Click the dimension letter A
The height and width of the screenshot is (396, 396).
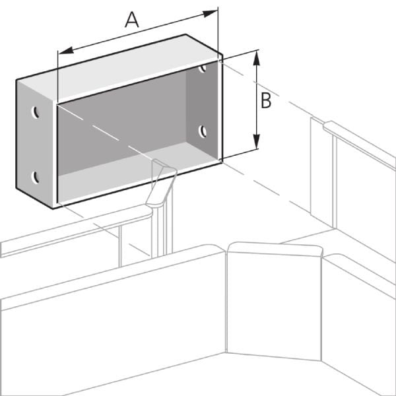tap(132, 20)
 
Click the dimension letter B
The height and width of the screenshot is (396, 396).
tap(266, 101)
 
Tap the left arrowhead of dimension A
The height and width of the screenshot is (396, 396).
tap(66, 50)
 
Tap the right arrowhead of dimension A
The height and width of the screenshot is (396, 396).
tap(210, 14)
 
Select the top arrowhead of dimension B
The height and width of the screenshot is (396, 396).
tap(257, 58)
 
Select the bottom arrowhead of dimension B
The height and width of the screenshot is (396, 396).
tap(257, 141)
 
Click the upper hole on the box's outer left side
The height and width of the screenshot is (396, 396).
tap(35, 112)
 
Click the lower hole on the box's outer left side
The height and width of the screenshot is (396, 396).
tap(36, 178)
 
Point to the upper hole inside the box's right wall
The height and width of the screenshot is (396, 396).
tap(203, 68)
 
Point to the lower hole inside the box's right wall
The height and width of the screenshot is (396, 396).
tap(203, 131)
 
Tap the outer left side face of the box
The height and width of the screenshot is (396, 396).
tap(36, 144)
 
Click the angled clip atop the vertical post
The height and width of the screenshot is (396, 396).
tap(161, 182)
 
